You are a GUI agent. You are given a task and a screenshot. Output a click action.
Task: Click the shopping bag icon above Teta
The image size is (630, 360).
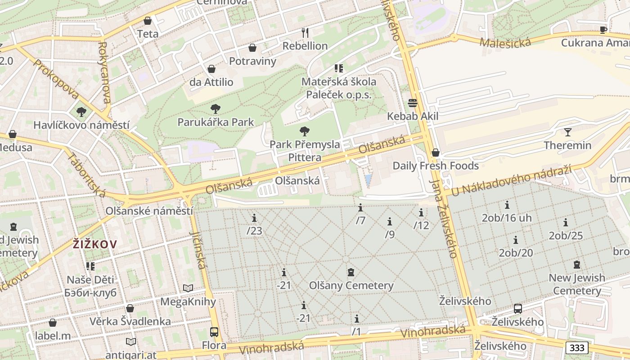coord(148,21)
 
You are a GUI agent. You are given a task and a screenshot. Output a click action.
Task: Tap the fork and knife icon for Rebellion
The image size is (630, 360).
coord(305,32)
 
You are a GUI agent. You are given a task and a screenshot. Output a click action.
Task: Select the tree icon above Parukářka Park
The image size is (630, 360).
coord(215,108)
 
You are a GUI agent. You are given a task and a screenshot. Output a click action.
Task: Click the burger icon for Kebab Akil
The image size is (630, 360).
coord(413,103)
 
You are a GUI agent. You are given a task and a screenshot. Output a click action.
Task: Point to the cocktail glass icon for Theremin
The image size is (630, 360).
coord(567,132)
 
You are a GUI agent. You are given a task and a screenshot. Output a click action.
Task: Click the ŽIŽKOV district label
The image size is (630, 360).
coord(95,244)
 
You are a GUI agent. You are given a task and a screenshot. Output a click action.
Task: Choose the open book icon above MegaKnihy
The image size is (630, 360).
coord(188,288)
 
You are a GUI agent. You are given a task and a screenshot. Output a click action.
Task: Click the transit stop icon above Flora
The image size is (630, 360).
coord(214,332)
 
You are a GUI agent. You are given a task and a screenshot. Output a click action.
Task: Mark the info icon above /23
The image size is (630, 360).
coord(254,218)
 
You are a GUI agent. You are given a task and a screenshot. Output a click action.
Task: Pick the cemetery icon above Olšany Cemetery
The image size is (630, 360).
coord(351,272)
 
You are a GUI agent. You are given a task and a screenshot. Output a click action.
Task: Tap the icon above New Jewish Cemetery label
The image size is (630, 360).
coord(577,265)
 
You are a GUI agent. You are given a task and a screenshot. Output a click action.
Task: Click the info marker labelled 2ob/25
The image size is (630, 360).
coord(566,222)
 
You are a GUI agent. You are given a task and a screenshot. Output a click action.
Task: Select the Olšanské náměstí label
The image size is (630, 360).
coord(149,211)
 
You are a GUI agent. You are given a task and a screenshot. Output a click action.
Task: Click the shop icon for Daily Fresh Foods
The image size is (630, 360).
coord(435,153)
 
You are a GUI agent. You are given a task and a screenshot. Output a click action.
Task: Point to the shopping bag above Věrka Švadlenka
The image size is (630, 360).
coord(130,308)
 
